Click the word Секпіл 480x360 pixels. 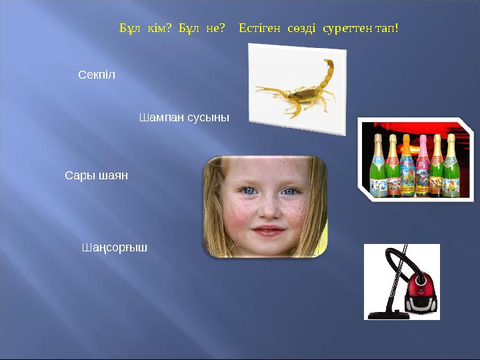click(97, 75)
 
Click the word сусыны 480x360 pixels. click(207, 117)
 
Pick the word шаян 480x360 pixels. click(113, 176)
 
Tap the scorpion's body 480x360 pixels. click(305, 94)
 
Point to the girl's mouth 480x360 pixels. click(268, 231)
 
